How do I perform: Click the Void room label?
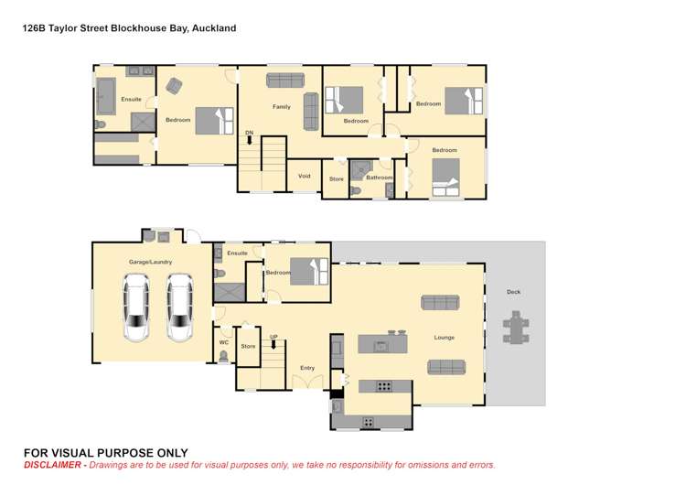[305, 176]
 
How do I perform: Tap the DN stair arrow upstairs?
[249, 141]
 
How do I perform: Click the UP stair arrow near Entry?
[273, 344]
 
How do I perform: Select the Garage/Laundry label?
[150, 262]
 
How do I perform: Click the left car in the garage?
[137, 308]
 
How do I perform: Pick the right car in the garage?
[180, 308]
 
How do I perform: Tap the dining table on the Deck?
[516, 327]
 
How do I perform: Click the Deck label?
[513, 292]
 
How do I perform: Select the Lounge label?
[444, 338]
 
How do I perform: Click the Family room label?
[281, 107]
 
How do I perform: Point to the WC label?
[223, 343]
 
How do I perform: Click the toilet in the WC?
[223, 358]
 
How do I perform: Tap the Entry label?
[307, 368]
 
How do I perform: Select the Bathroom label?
[380, 178]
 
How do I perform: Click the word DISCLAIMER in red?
[54, 466]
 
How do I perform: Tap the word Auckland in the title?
[215, 28]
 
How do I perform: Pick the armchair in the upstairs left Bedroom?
[174, 85]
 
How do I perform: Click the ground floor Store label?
[248, 347]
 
